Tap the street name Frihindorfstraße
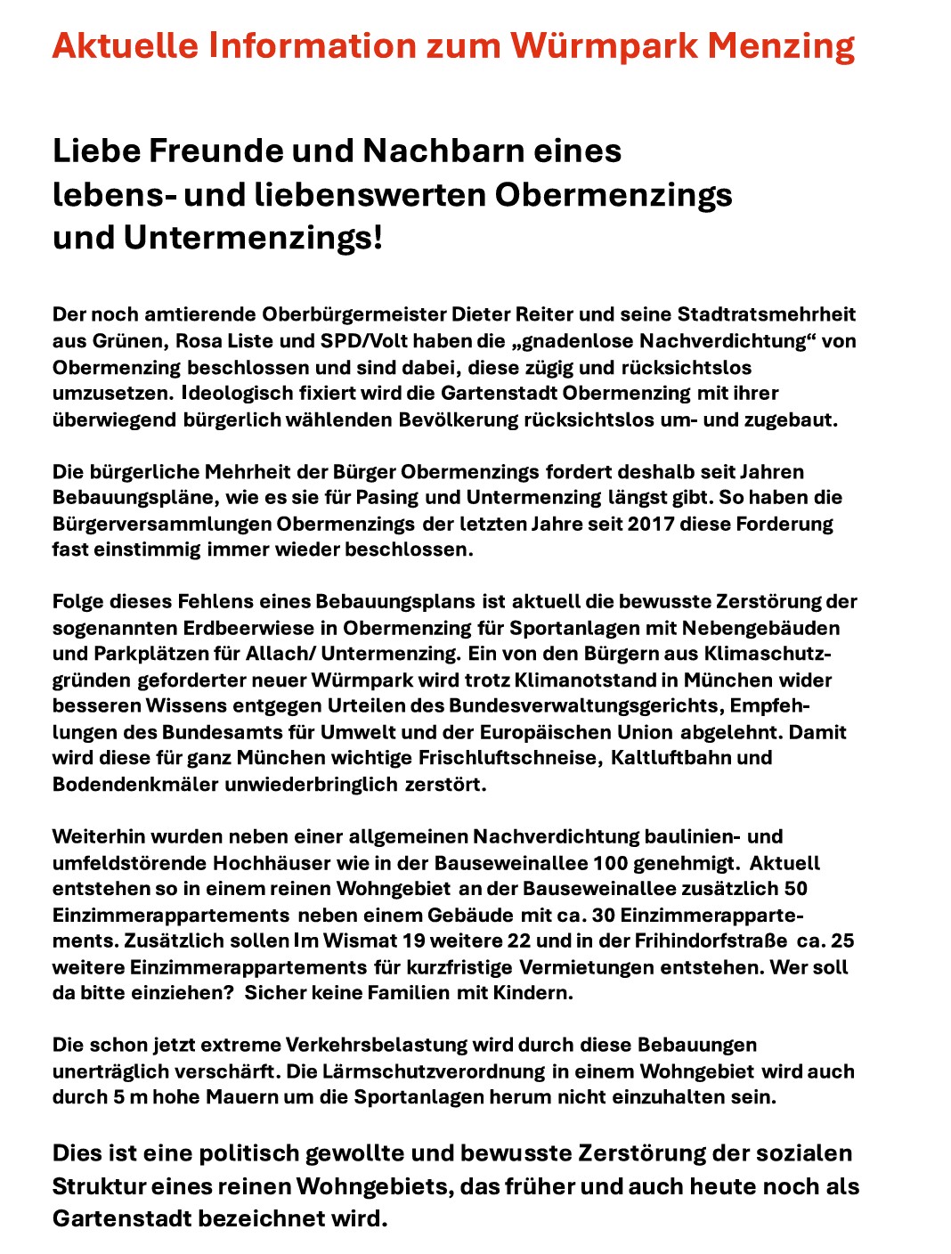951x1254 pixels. point(711,941)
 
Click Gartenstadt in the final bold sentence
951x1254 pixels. point(123,1218)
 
